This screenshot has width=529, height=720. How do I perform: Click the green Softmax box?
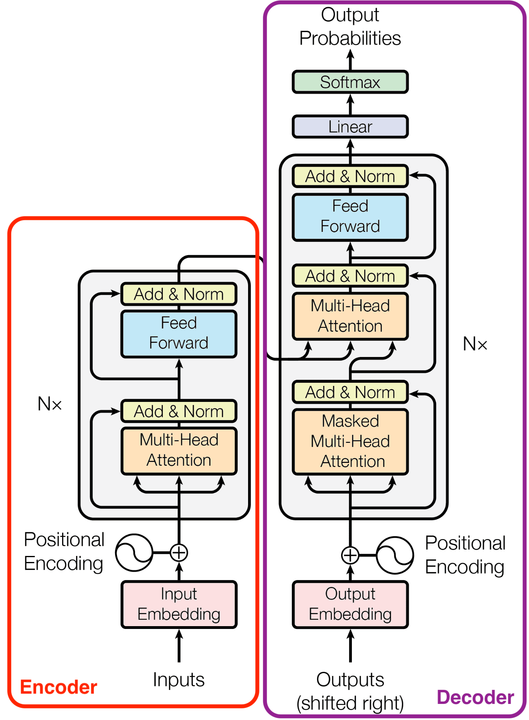(x=350, y=82)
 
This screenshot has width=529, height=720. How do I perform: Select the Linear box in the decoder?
(x=350, y=127)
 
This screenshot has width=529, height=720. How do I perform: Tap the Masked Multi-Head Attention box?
(x=350, y=441)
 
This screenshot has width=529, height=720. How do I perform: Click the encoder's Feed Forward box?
(x=179, y=333)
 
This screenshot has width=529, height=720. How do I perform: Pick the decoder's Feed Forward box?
(x=350, y=217)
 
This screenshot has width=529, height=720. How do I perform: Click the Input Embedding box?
(x=179, y=604)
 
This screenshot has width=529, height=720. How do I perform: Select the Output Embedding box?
(x=350, y=604)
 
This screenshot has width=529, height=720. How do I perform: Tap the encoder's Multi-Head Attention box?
(x=179, y=450)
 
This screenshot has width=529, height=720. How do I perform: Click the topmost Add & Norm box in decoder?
(x=350, y=176)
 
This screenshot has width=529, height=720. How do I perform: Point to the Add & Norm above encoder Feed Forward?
(x=179, y=294)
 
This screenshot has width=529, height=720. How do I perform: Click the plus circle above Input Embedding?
(x=179, y=553)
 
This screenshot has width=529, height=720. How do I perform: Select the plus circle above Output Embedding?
(x=350, y=556)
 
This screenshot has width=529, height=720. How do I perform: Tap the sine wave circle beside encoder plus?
(x=134, y=553)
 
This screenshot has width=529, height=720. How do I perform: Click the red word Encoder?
(x=59, y=687)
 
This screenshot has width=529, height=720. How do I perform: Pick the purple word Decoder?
(x=475, y=698)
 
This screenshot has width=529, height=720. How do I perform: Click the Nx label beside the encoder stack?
(x=50, y=404)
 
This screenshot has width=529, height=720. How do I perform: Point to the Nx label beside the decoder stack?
(x=475, y=344)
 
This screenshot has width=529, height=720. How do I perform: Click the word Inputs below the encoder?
(x=179, y=680)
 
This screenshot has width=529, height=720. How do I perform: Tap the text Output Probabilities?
(x=350, y=27)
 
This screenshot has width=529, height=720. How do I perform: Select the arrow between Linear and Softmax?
(x=350, y=104)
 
